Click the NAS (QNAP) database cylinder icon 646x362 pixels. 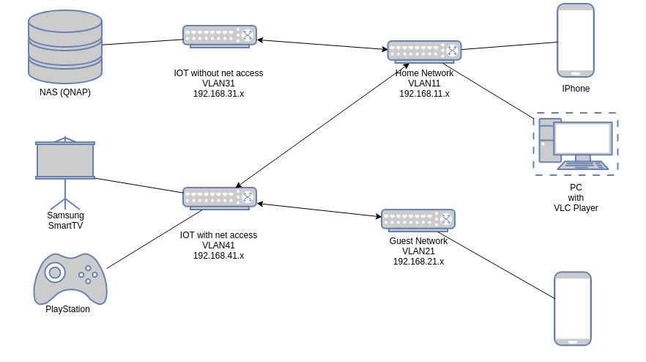tap(65, 46)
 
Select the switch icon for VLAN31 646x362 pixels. tap(220, 36)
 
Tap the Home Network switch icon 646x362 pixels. tap(424, 51)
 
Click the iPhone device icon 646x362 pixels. tap(575, 40)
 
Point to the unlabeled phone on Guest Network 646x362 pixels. tap(572, 309)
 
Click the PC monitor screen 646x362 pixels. tap(582, 138)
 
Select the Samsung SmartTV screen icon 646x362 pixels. tap(65, 160)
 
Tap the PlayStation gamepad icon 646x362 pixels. tap(70, 279)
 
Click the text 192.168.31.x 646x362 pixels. tap(218, 94)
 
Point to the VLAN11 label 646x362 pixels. tap(424, 84)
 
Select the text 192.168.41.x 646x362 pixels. tap(218, 256)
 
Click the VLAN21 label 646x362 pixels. tap(418, 251)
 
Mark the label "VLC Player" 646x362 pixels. tap(576, 208)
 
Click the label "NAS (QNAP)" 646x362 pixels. tap(65, 92)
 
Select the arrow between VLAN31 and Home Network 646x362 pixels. tap(322, 45)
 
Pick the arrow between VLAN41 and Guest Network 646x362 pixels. tap(319, 210)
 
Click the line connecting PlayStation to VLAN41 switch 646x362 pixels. tap(154, 240)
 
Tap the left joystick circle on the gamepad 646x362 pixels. tap(55, 273)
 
